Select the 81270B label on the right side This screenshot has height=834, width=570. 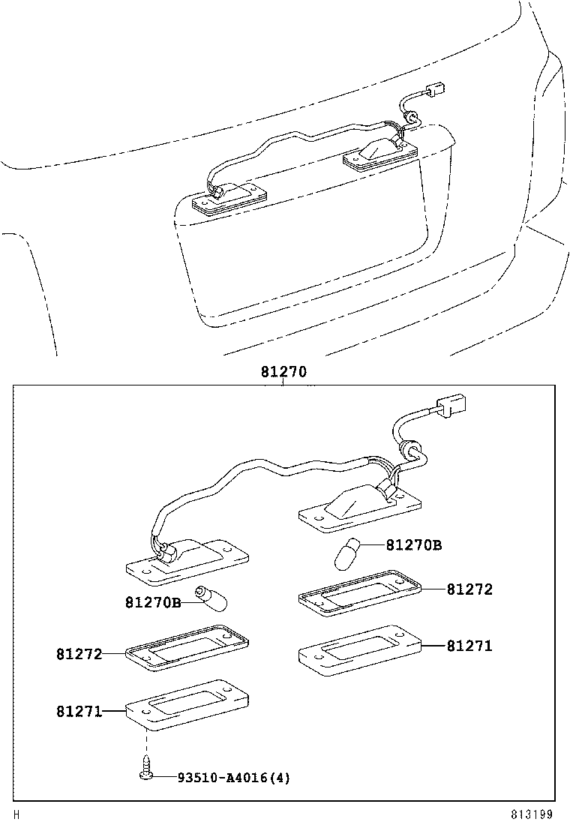(x=413, y=545)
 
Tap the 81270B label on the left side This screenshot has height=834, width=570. (x=153, y=602)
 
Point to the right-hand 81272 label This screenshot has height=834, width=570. (x=469, y=589)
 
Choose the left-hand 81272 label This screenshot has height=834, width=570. (x=79, y=653)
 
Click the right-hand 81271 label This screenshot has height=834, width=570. (x=469, y=645)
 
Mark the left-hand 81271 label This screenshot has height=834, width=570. (x=79, y=710)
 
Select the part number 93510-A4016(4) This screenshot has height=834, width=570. (x=233, y=778)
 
